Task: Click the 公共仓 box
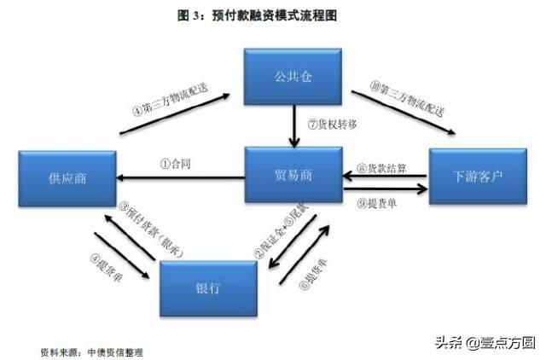tap(293, 77)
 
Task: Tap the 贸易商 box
tap(293, 175)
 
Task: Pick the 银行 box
tap(208, 288)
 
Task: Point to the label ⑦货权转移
tap(332, 125)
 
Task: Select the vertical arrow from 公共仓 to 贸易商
tap(294, 125)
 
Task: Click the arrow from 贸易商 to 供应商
tap(181, 177)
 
